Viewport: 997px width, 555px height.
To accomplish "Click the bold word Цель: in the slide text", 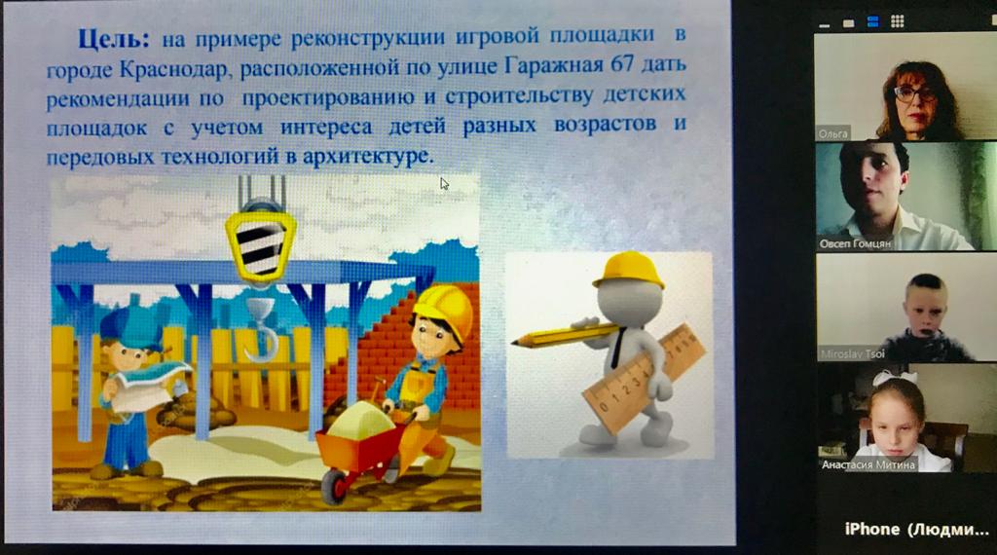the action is pyautogui.click(x=113, y=39).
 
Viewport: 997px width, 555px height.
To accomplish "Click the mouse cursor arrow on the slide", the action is pyautogui.click(x=444, y=184).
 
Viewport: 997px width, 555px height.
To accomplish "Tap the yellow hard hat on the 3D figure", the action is pyautogui.click(x=629, y=270).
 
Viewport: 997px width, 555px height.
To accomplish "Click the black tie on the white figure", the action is pyautogui.click(x=616, y=347).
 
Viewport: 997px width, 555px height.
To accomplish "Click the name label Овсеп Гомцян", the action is pyautogui.click(x=855, y=243).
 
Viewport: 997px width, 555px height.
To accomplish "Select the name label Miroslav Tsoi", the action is pyautogui.click(x=852, y=354).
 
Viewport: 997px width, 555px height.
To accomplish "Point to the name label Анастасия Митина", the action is pyautogui.click(x=868, y=464).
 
